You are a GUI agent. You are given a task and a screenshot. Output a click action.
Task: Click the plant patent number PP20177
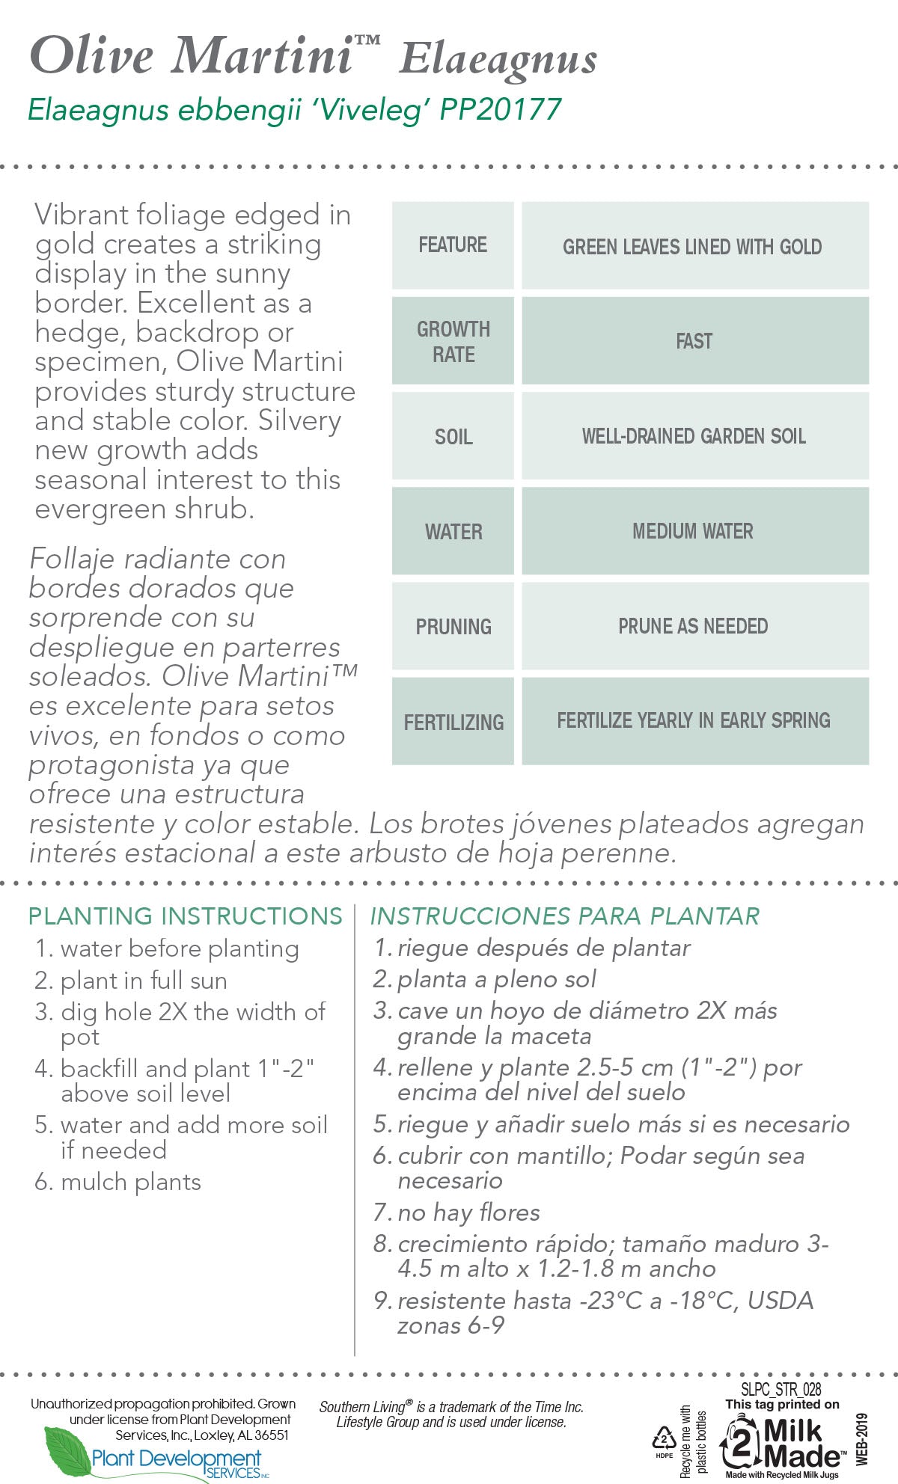(x=501, y=109)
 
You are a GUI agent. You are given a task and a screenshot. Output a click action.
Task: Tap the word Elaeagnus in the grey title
(x=498, y=58)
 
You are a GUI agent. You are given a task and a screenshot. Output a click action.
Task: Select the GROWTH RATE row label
(x=453, y=341)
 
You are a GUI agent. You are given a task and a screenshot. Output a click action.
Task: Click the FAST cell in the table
(x=694, y=341)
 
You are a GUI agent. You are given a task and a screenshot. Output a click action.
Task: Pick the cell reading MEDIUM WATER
(x=693, y=531)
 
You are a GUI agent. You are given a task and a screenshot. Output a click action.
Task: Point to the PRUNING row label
(x=453, y=626)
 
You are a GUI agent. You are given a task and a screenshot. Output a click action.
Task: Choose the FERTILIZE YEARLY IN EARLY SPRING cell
(x=694, y=720)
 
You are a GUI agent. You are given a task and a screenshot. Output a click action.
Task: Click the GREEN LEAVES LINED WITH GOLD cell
(x=692, y=246)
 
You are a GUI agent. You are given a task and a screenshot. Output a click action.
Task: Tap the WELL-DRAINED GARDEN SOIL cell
(x=694, y=436)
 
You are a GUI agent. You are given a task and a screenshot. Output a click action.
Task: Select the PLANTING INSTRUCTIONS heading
(x=185, y=916)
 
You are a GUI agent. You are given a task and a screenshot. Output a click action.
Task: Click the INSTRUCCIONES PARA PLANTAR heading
(x=565, y=916)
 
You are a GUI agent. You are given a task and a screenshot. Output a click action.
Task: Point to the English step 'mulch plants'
(x=131, y=1182)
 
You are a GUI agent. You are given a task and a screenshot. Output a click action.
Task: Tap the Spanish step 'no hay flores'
(x=468, y=1212)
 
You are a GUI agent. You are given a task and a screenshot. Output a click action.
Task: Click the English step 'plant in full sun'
(x=144, y=980)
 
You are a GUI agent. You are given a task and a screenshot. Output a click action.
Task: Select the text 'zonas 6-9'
(x=450, y=1325)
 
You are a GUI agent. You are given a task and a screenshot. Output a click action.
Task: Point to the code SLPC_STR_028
(x=781, y=1390)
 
